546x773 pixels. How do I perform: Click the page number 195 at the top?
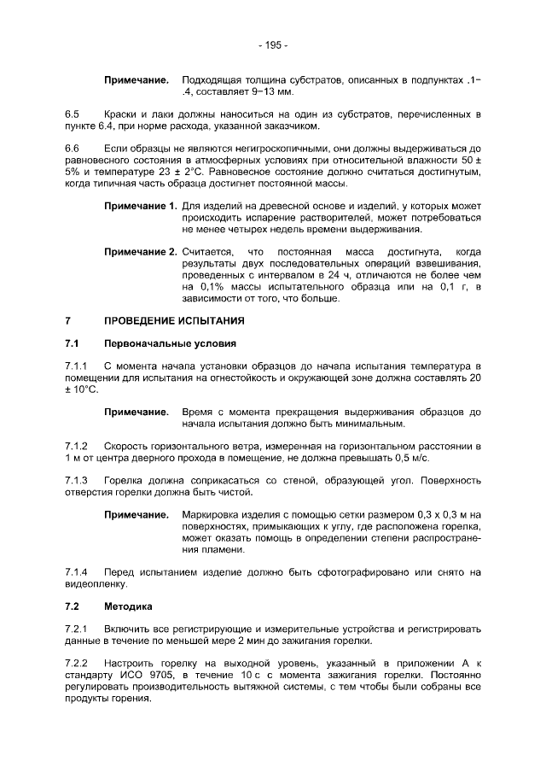(273, 45)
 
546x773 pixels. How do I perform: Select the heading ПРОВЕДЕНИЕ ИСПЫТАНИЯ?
(173, 321)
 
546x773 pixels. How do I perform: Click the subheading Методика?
(128, 606)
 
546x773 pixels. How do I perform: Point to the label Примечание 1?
(140, 207)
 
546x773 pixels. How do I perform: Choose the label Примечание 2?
(140, 253)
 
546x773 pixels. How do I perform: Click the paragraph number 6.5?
(73, 114)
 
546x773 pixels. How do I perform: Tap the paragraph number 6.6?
(73, 149)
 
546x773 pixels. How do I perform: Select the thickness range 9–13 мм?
(247, 91)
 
